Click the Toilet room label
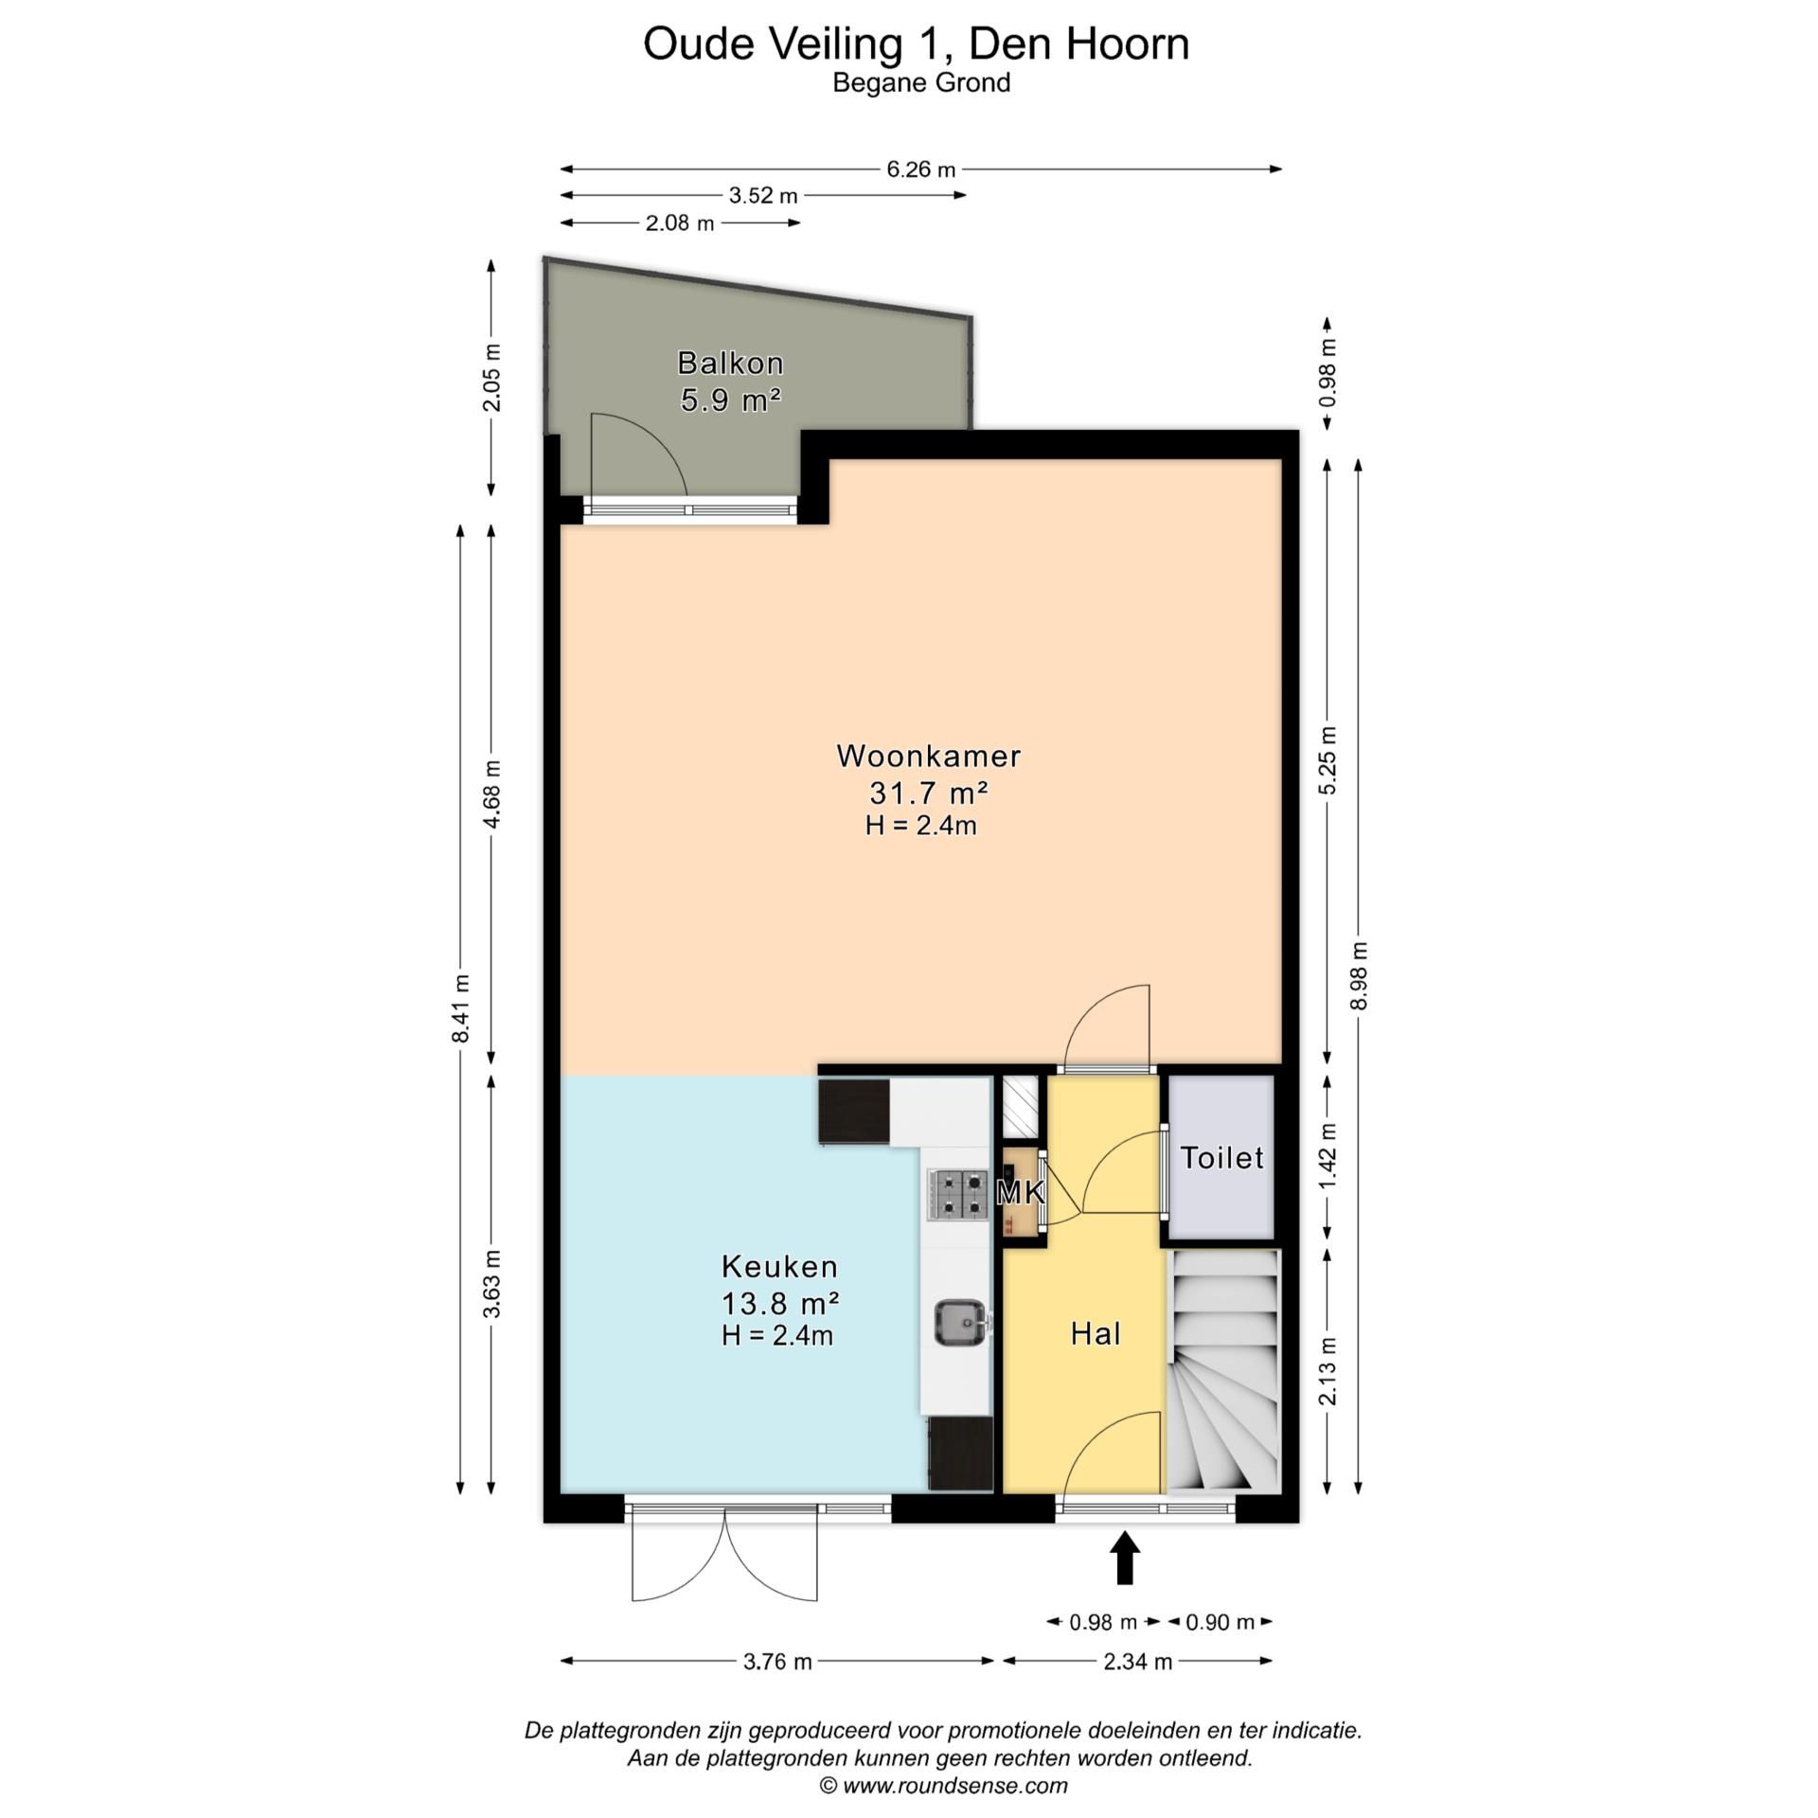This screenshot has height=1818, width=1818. (x=1221, y=1158)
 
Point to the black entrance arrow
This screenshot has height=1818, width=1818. (x=1124, y=1559)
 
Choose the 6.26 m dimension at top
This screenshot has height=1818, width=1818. (x=920, y=169)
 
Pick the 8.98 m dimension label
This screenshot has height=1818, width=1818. (x=1359, y=975)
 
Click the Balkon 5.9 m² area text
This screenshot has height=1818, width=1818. (x=730, y=400)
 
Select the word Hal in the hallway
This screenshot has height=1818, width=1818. (x=1096, y=1333)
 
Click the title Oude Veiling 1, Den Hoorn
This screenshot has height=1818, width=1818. (x=916, y=44)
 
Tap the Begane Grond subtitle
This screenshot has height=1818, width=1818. (x=920, y=83)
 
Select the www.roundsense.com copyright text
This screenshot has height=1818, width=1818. (x=943, y=1786)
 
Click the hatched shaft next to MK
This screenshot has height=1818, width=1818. (x=1021, y=1107)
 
